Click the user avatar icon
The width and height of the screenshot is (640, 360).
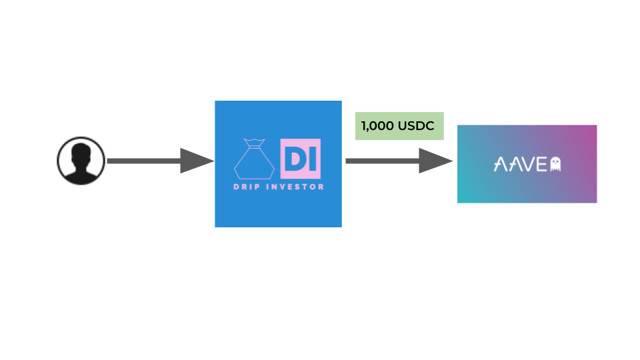pyautogui.click(x=81, y=161)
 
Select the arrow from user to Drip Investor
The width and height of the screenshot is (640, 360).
pyautogui.click(x=161, y=161)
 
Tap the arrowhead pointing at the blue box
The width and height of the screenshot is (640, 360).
pyautogui.click(x=197, y=161)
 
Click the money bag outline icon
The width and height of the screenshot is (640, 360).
pyautogui.click(x=254, y=159)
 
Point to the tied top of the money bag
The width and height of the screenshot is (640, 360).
pyautogui.click(x=254, y=143)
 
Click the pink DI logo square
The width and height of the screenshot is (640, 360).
pyautogui.click(x=301, y=159)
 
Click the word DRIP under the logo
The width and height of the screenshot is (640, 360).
pyautogui.click(x=247, y=187)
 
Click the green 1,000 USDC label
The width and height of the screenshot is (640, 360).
pyautogui.click(x=399, y=126)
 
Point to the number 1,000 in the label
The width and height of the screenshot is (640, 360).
pyautogui.click(x=377, y=126)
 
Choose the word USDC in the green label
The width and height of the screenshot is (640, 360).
pyautogui.click(x=416, y=126)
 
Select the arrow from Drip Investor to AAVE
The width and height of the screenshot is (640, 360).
pyautogui.click(x=399, y=161)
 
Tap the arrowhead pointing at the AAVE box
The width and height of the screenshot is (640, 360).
pyautogui.click(x=436, y=161)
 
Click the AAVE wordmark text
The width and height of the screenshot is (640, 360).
pyautogui.click(x=521, y=164)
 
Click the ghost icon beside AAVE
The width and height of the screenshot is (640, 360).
pyautogui.click(x=555, y=164)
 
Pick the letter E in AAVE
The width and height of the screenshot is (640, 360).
pyautogui.click(x=541, y=164)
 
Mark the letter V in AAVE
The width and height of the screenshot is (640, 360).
pyautogui.click(x=527, y=164)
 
